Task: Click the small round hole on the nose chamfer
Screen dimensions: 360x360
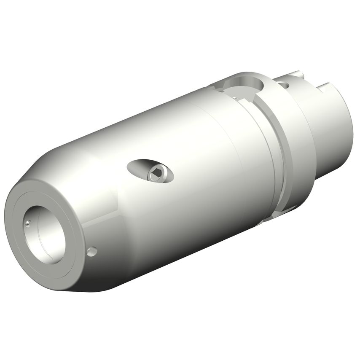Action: pyautogui.click(x=91, y=251)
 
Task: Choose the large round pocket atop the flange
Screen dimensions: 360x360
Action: pyautogui.click(x=242, y=83)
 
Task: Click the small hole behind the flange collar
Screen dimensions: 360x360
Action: pyautogui.click(x=285, y=85)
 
